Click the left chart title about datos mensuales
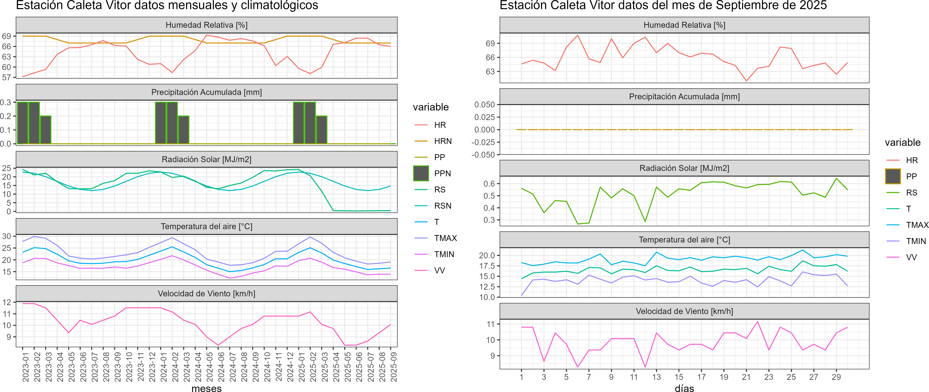pos(167,5)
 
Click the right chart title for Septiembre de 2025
pos(663,5)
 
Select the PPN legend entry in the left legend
pos(442,173)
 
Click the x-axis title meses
pos(206,388)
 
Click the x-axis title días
pos(684,388)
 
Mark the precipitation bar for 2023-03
pos(46,130)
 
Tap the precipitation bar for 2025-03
pos(321,130)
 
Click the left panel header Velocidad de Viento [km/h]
pos(206,294)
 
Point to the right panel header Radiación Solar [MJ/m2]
pos(684,168)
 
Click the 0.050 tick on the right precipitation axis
pos(484,105)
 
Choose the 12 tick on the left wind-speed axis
pos(7,302)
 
